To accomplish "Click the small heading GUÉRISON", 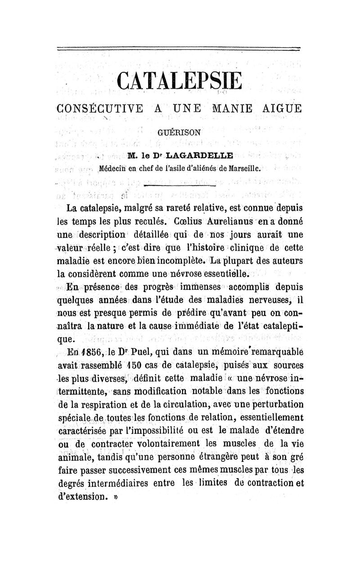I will pos(180,133).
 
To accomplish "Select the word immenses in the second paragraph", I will pos(205,287).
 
